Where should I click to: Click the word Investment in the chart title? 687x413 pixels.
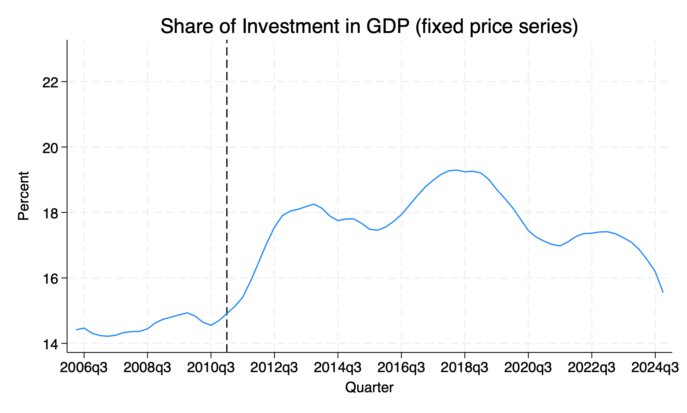click(x=291, y=26)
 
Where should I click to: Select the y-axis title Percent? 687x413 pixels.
click(x=23, y=196)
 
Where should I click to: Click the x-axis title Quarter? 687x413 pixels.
click(x=369, y=387)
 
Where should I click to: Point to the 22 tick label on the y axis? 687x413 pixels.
click(x=50, y=82)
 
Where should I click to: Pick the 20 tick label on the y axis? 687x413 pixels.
click(x=50, y=147)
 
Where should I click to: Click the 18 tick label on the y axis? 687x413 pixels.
click(x=50, y=213)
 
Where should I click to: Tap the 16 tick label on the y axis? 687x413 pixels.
click(x=50, y=278)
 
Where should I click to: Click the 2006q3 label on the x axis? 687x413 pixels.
click(x=84, y=367)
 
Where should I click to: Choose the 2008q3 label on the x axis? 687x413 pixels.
click(x=147, y=367)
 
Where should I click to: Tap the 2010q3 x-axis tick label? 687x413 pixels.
click(x=211, y=367)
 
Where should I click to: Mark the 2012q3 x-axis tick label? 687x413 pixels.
click(x=274, y=367)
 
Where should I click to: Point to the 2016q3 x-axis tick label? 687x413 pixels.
click(x=401, y=367)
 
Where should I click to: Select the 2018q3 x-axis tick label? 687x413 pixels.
click(x=464, y=367)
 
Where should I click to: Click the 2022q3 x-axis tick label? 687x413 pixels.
click(x=591, y=367)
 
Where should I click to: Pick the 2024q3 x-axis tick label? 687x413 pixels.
click(x=655, y=367)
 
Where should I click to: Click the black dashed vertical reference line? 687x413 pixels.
click(x=227, y=165)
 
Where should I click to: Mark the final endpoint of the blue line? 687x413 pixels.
click(x=663, y=292)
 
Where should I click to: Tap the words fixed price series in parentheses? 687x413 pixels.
click(x=497, y=26)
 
